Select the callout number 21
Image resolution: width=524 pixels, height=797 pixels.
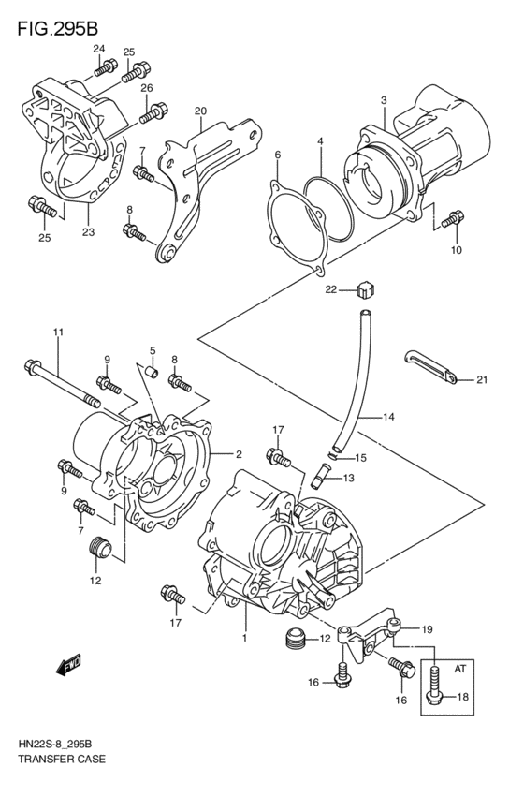[482, 379]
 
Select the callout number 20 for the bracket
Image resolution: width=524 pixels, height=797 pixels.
[199, 111]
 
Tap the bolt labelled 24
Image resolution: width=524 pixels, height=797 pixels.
[106, 67]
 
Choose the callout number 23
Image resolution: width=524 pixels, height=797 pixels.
[88, 232]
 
